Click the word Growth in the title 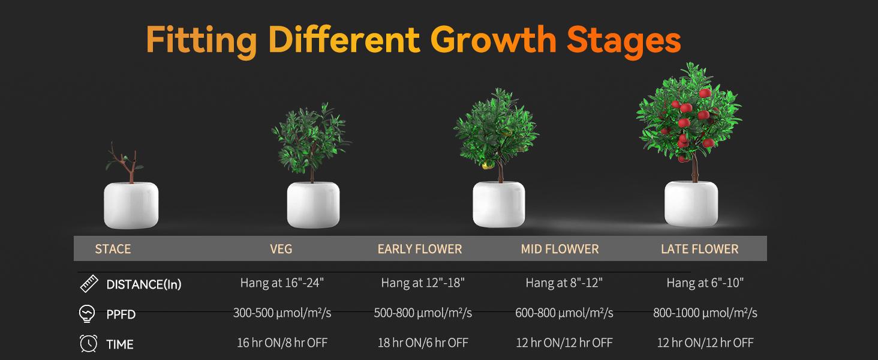pyautogui.click(x=494, y=41)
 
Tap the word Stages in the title pyautogui.click(x=624, y=41)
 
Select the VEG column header pyautogui.click(x=281, y=249)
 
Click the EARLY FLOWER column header pyautogui.click(x=420, y=249)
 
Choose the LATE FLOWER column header pyautogui.click(x=700, y=249)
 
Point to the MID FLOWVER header pyautogui.click(x=560, y=249)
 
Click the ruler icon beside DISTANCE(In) pyautogui.click(x=89, y=284)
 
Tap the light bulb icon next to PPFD pyautogui.click(x=87, y=314)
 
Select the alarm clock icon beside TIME pyautogui.click(x=89, y=344)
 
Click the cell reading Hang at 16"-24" pyautogui.click(x=282, y=283)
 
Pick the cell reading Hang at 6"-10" pyautogui.click(x=705, y=283)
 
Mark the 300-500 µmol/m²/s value pyautogui.click(x=282, y=313)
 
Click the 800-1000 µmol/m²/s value pyautogui.click(x=705, y=313)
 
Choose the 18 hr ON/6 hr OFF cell pyautogui.click(x=423, y=343)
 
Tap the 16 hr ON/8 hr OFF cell pyautogui.click(x=282, y=343)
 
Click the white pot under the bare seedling pyautogui.click(x=131, y=205)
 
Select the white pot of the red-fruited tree pyautogui.click(x=691, y=203)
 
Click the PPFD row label pyautogui.click(x=121, y=314)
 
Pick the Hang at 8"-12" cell pyautogui.click(x=564, y=283)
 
